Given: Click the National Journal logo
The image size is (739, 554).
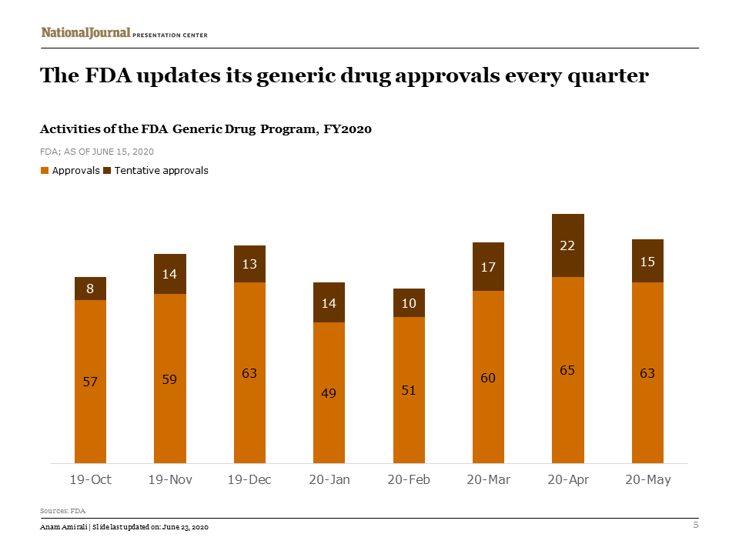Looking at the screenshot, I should click(x=85, y=32).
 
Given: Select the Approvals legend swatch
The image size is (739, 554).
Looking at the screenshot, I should click(x=45, y=171).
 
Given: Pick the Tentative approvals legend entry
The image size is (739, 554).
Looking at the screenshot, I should click(x=160, y=171).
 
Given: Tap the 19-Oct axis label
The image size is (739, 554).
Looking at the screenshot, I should click(x=90, y=479).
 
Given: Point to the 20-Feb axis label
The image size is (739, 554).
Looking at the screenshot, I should click(x=409, y=479).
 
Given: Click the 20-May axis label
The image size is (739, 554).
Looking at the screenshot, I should click(x=647, y=479).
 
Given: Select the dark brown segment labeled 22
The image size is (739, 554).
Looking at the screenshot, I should click(x=568, y=245).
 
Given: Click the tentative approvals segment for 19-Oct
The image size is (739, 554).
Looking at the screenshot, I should click(x=90, y=289).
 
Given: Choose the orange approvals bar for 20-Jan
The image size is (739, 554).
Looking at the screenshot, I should click(x=329, y=392).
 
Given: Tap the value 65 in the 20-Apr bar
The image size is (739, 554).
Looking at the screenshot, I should click(x=568, y=370).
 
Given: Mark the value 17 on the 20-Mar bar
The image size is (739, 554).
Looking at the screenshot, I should click(x=488, y=267).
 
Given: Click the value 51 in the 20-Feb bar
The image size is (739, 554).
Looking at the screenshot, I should click(x=409, y=390).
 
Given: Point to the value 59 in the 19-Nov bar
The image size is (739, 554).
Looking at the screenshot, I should click(x=170, y=379).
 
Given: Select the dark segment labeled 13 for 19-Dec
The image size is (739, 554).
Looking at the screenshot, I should click(x=249, y=264).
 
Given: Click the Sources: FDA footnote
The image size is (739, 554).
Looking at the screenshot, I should click(x=62, y=510).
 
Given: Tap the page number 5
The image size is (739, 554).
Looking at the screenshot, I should click(x=696, y=526).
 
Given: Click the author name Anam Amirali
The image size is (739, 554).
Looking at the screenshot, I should click(x=64, y=527).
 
